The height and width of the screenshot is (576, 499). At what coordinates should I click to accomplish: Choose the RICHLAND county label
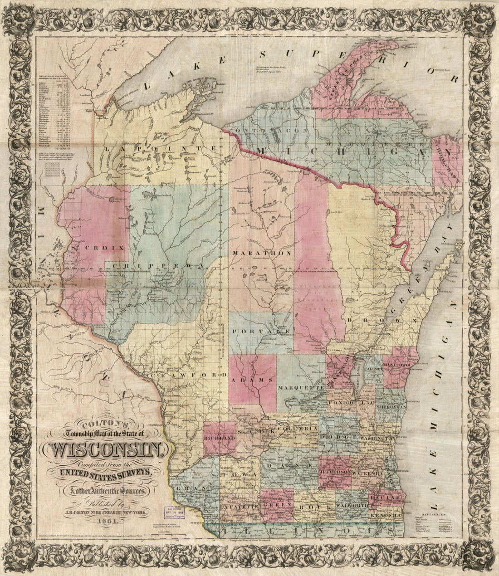pyautogui.click(x=219, y=439)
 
